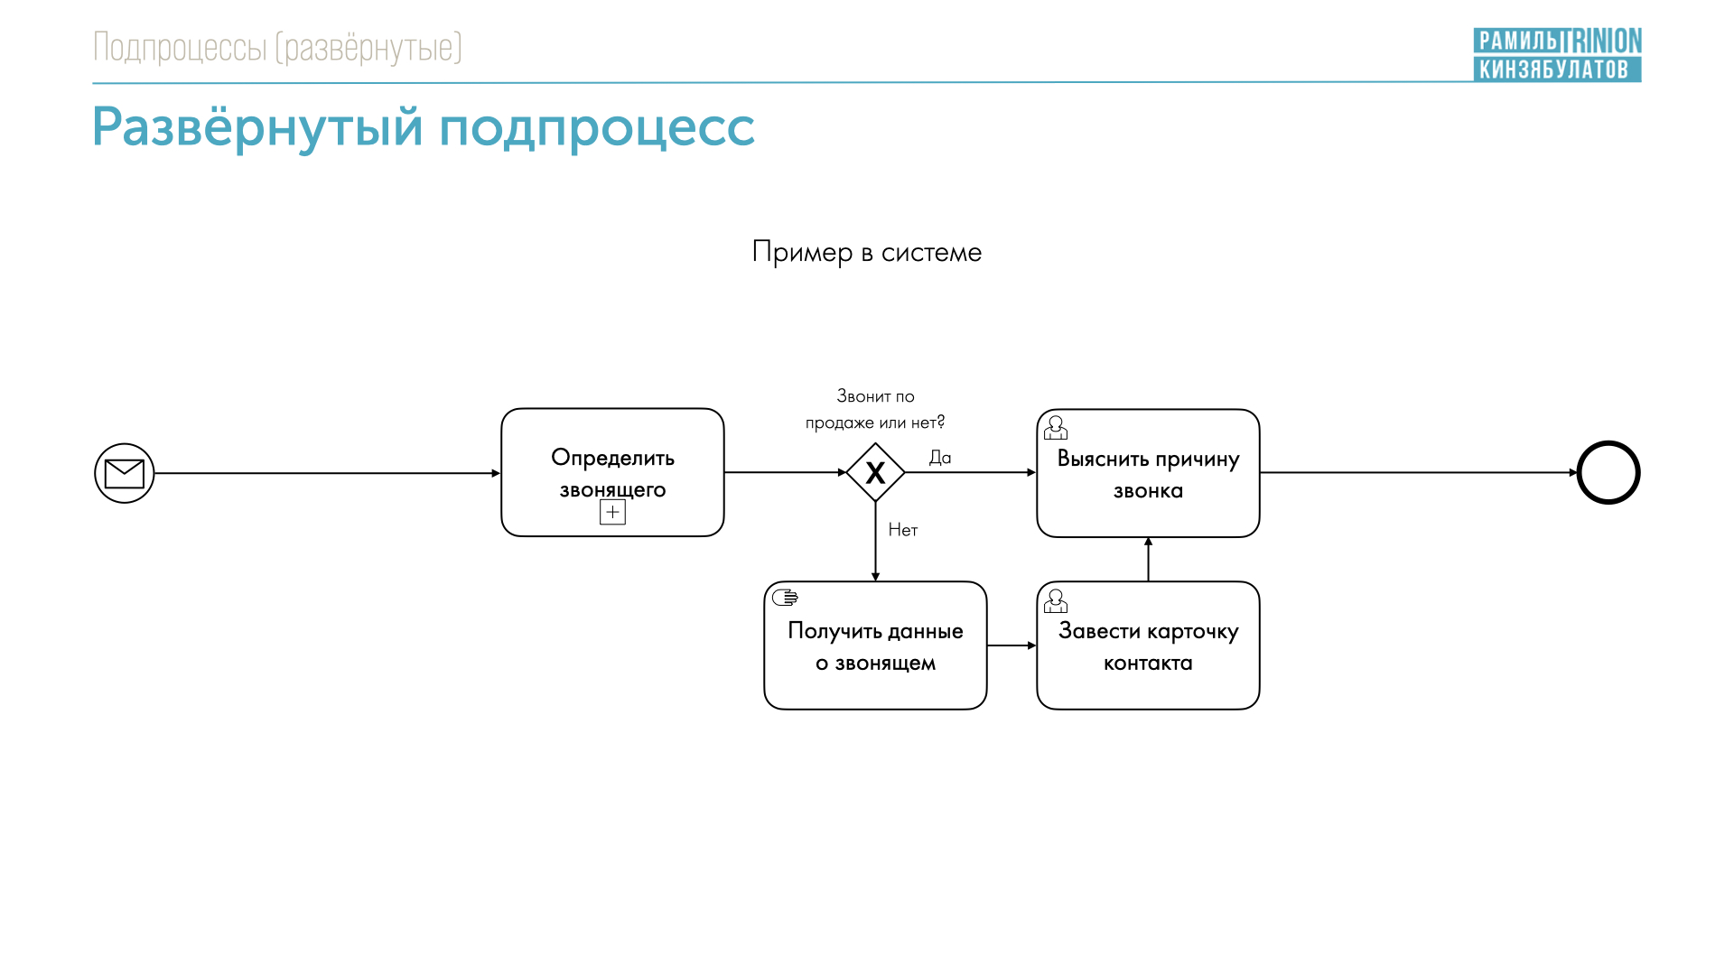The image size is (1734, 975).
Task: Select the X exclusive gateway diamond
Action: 875,472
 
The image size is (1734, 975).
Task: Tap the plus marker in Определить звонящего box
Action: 612,513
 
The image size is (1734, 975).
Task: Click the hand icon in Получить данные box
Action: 785,597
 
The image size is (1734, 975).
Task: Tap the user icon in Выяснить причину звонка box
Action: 1056,427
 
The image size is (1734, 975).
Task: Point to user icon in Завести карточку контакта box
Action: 1056,600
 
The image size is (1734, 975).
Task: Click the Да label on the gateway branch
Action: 940,458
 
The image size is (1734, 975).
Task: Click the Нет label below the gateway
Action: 903,530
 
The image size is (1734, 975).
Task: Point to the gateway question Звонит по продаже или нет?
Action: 875,409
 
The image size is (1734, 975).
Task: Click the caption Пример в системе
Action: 867,252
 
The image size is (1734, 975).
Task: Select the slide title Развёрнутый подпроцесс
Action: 423,127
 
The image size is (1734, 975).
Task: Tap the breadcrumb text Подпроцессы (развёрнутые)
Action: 277,47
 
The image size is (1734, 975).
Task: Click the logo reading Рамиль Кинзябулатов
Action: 1557,54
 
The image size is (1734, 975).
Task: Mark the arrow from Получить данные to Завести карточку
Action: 1011,645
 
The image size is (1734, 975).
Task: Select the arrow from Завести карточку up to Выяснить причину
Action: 1148,560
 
